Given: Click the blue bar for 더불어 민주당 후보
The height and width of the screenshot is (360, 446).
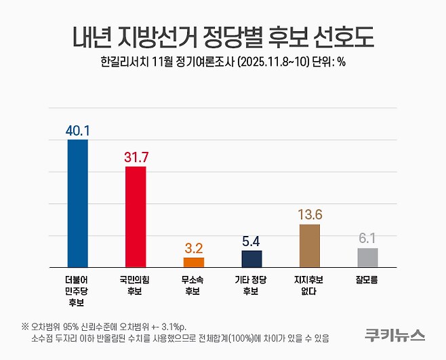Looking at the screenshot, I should (x=78, y=203).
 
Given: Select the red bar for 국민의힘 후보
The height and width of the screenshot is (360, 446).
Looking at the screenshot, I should (x=136, y=216).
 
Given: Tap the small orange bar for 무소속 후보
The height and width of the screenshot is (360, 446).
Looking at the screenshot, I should (x=194, y=262).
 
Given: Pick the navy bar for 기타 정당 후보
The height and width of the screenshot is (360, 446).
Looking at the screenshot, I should (x=252, y=259).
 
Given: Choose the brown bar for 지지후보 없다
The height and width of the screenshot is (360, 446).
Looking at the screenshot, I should (x=310, y=245).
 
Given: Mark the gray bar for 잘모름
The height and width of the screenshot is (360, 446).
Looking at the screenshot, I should (x=367, y=258).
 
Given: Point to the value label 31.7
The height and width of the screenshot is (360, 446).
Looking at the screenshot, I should (x=136, y=157).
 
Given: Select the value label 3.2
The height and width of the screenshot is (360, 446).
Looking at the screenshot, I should (x=194, y=247).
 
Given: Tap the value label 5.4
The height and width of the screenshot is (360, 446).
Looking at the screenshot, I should (x=252, y=241).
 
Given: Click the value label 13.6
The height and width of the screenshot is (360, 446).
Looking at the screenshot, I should (x=310, y=214).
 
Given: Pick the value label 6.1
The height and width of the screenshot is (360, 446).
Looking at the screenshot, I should (x=367, y=238).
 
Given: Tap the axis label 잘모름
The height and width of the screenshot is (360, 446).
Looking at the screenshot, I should (x=367, y=279).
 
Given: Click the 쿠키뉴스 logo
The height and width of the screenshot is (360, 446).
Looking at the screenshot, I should (x=394, y=334).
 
